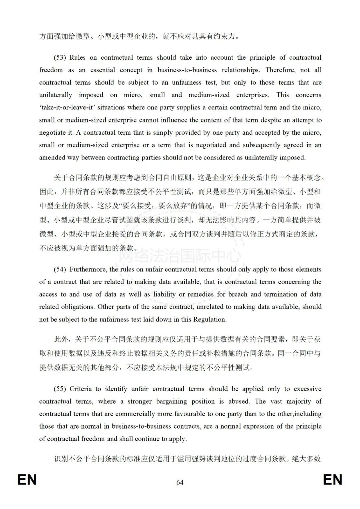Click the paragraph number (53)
coord(60,57)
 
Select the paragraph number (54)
coord(60,269)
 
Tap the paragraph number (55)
coord(60,389)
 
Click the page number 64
coord(180,482)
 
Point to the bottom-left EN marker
coord(27,480)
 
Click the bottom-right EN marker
coord(332,480)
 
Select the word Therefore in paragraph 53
coord(280,70)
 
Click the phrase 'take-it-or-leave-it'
coord(67,107)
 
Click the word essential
coord(100,70)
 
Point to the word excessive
coord(307,389)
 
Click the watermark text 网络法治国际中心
coord(180,256)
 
